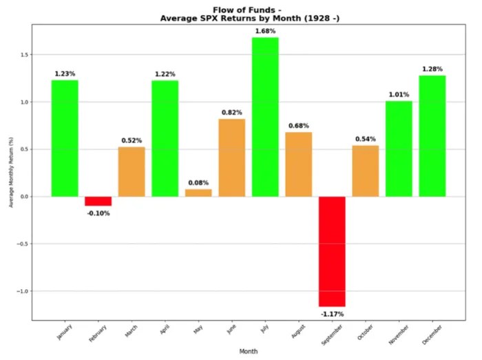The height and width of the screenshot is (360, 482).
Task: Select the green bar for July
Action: [265, 117]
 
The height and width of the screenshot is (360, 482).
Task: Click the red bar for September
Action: [332, 251]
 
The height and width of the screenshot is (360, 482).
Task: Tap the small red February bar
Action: [98, 201]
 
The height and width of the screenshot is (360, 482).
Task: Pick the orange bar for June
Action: [232, 158]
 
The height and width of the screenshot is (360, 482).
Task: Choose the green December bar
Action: [432, 136]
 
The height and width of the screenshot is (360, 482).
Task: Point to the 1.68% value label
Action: [265, 31]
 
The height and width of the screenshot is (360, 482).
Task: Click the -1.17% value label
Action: [332, 314]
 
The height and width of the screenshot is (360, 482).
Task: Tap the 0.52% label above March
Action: [132, 140]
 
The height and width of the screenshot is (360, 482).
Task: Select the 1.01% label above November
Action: [399, 95]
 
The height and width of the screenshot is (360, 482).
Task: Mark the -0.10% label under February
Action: [98, 213]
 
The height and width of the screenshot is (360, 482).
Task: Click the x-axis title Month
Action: [249, 351]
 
